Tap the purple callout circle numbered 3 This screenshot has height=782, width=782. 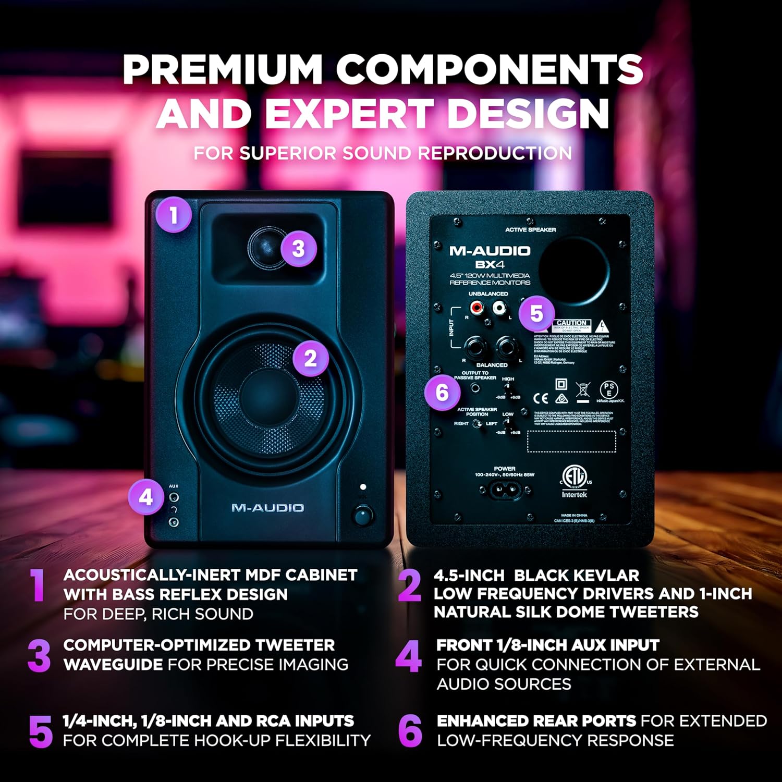[298, 248]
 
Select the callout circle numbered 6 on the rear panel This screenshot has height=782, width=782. [442, 393]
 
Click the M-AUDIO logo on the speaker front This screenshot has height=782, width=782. [267, 508]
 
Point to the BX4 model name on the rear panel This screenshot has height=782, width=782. [490, 264]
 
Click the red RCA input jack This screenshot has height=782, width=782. [476, 308]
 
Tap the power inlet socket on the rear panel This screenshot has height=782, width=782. [504, 490]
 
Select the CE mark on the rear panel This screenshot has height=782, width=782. [541, 398]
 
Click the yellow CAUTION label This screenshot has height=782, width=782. [572, 323]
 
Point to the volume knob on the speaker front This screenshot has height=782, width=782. [363, 516]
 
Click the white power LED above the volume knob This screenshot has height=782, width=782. [363, 486]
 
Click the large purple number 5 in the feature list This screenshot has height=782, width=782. [41, 731]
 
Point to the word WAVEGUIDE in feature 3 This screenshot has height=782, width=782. [113, 665]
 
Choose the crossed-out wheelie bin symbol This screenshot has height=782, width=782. [583, 392]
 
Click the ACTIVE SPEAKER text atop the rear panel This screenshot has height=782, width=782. [530, 229]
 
